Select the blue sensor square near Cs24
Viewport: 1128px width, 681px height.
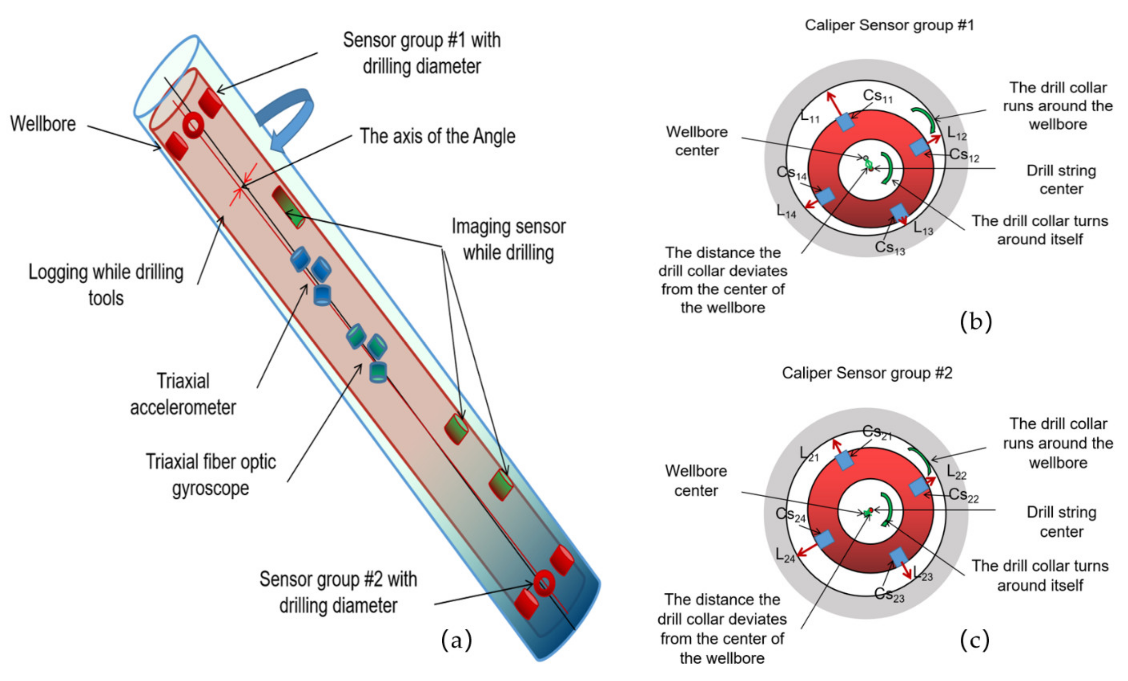pyautogui.click(x=825, y=539)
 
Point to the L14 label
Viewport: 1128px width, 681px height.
pyautogui.click(x=786, y=211)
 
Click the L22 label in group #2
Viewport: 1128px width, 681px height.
pyautogui.click(x=956, y=472)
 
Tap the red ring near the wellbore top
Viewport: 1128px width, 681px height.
pyautogui.click(x=193, y=125)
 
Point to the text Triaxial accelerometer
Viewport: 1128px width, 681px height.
pyautogui.click(x=183, y=394)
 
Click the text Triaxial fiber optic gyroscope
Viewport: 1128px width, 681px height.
pyautogui.click(x=211, y=475)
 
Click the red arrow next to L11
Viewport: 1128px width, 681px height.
pyautogui.click(x=834, y=103)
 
